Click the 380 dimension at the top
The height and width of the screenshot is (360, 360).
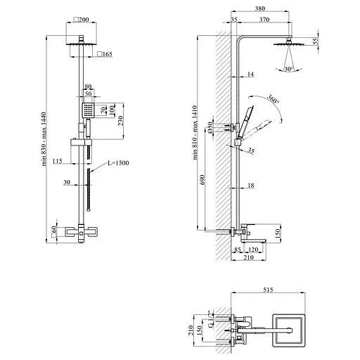[x=260, y=8]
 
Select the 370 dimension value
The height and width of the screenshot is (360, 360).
[x=264, y=20]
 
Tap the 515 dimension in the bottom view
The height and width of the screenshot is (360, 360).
[x=268, y=290]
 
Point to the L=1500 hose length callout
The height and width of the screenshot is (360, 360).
[x=118, y=163]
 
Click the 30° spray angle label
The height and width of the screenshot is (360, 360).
[x=289, y=69]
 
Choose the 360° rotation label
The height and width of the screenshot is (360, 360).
[x=274, y=99]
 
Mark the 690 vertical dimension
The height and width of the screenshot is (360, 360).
[x=203, y=179]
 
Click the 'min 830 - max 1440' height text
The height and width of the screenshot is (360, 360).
[x=44, y=139]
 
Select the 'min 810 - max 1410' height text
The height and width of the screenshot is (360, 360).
[x=195, y=133]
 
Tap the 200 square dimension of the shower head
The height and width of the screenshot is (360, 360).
[x=81, y=20]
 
